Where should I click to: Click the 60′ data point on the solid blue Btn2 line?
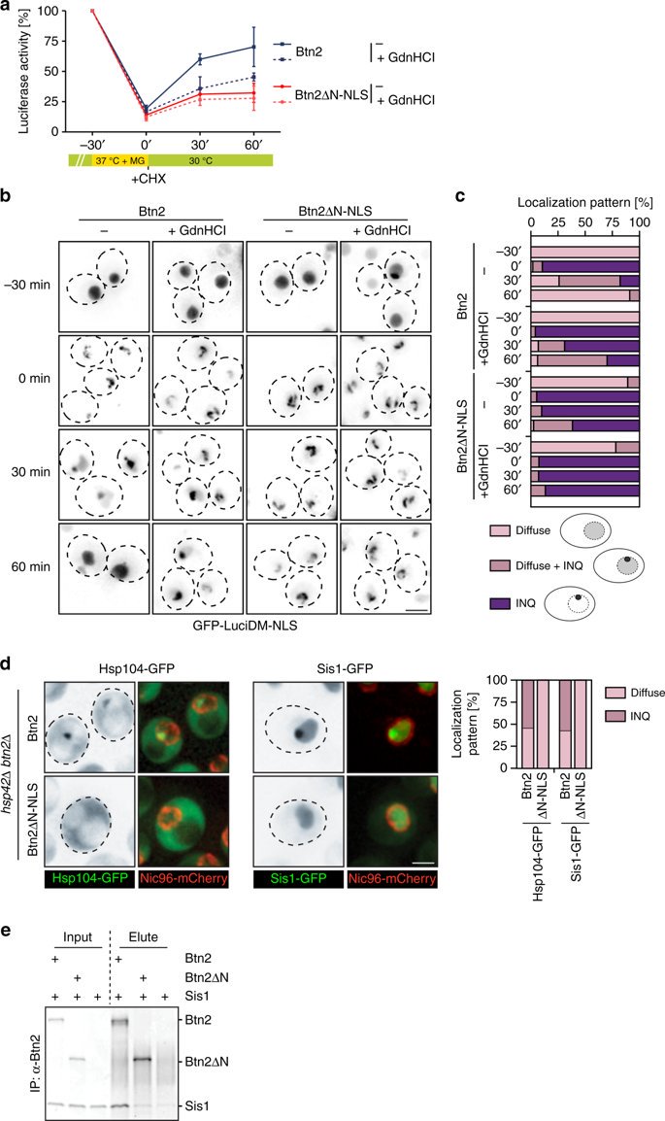point(253,47)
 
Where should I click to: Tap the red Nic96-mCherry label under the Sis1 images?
point(388,873)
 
